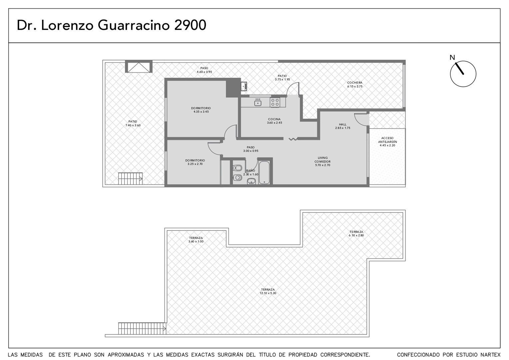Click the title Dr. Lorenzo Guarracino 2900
pyautogui.click(x=111, y=25)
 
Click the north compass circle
pyautogui.click(x=450, y=74)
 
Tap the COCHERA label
pyautogui.click(x=354, y=83)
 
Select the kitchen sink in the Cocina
pyautogui.click(x=258, y=103)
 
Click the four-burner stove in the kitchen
pyautogui.click(x=275, y=102)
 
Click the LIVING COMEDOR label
pyautogui.click(x=322, y=160)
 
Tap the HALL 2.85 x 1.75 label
pyautogui.click(x=343, y=126)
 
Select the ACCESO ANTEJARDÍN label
pyautogui.click(x=387, y=140)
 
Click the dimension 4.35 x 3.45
pyautogui.click(x=201, y=112)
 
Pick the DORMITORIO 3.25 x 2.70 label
pyautogui.click(x=195, y=162)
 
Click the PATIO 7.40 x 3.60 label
pyautogui.click(x=133, y=123)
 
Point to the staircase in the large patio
pyautogui.click(x=130, y=179)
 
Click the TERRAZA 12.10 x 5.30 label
pyautogui.click(x=268, y=291)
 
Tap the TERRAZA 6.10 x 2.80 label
pyautogui.click(x=356, y=234)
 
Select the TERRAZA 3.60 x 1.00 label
pyautogui.click(x=196, y=240)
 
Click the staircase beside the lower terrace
pyautogui.click(x=142, y=328)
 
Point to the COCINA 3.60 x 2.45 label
pyautogui.click(x=274, y=121)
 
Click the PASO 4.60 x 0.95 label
pyautogui.click(x=204, y=70)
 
